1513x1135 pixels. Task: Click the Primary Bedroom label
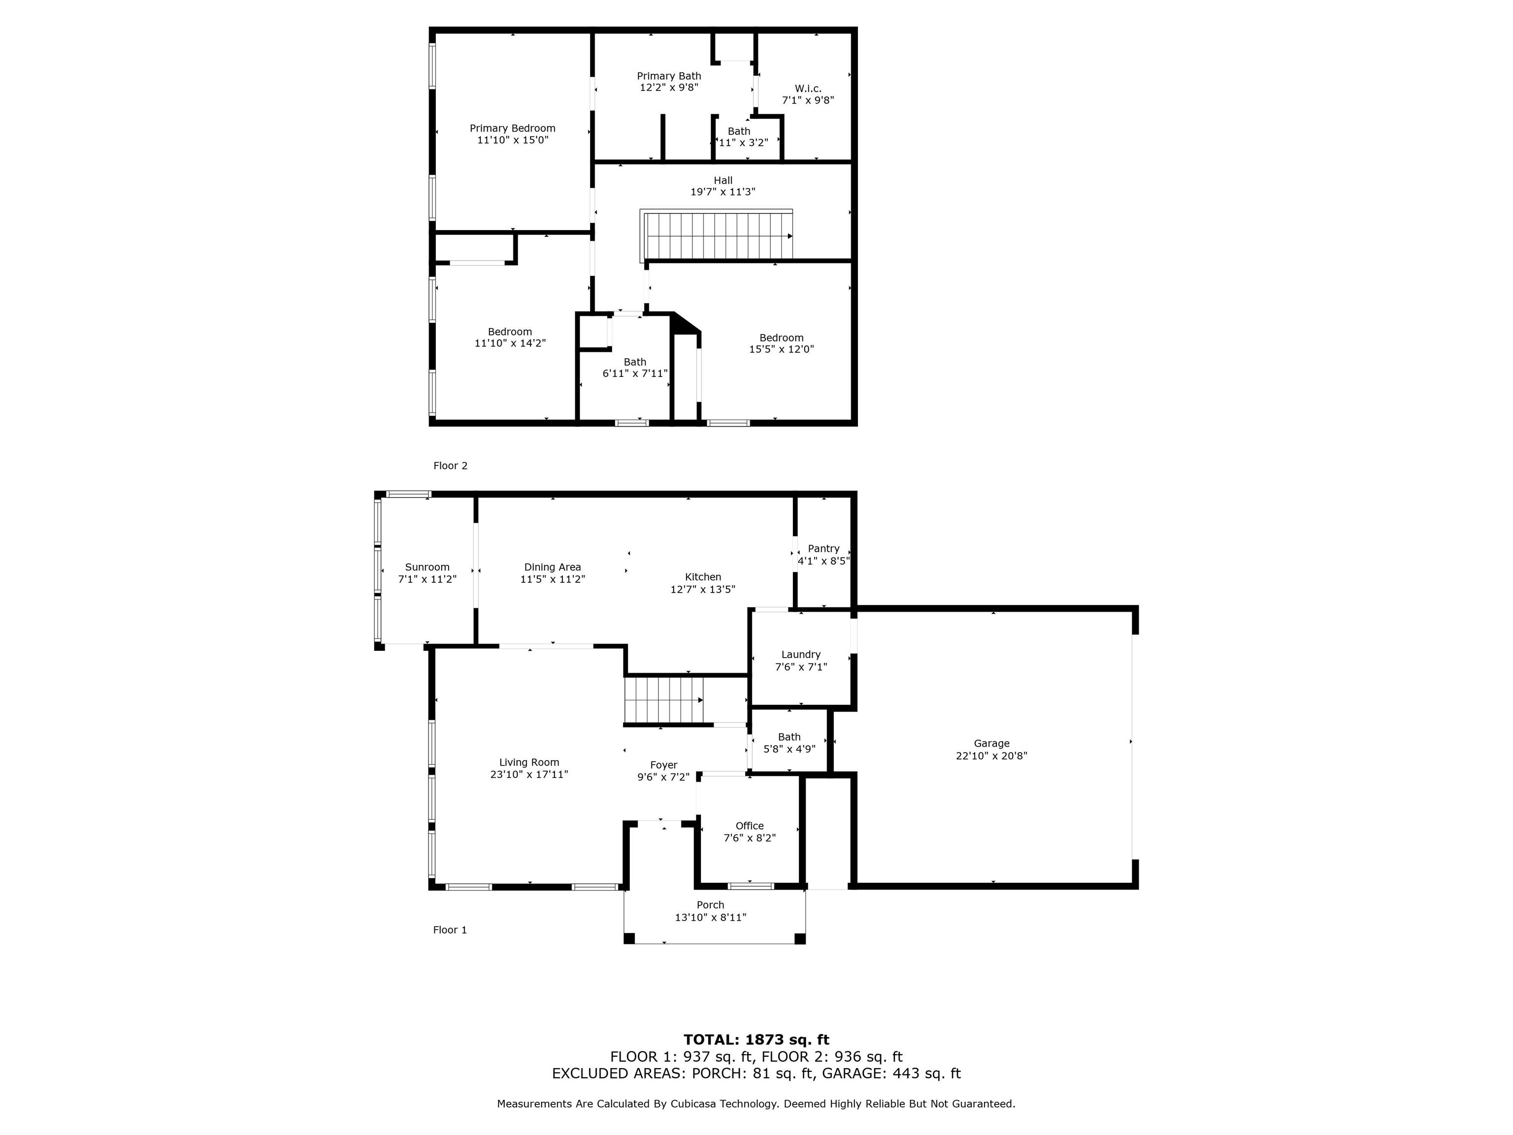click(x=512, y=128)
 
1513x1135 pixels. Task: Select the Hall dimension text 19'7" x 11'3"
click(x=723, y=192)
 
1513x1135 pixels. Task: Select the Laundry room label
click(x=801, y=655)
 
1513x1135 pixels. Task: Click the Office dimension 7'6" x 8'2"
click(x=750, y=838)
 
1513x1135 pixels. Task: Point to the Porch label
click(x=711, y=905)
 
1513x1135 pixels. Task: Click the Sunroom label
click(x=428, y=567)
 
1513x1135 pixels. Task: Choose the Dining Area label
click(x=553, y=567)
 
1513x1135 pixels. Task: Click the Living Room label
click(x=529, y=763)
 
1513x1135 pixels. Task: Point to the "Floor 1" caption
click(x=450, y=930)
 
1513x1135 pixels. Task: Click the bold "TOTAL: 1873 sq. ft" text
click(x=756, y=1040)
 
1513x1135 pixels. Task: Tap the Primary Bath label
click(x=669, y=76)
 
